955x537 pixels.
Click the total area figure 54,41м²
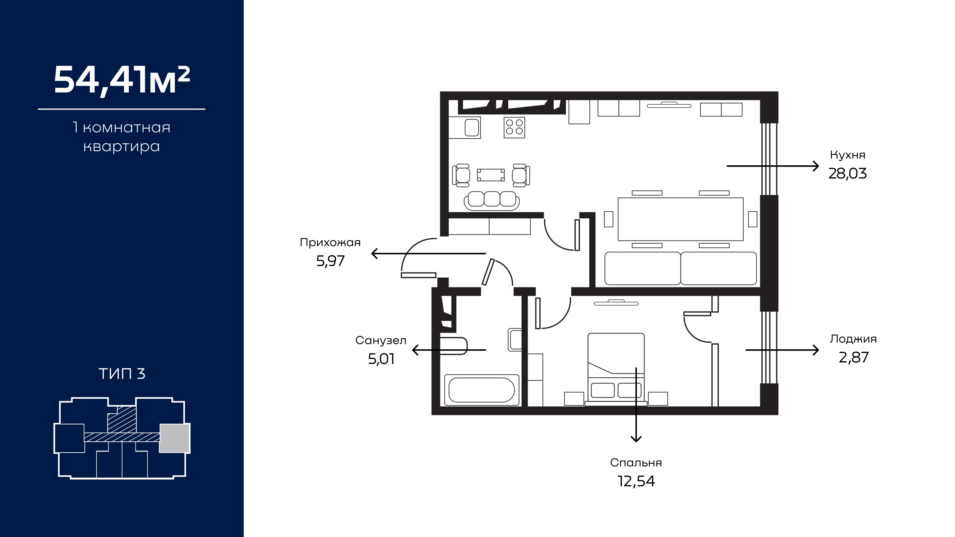click(x=122, y=80)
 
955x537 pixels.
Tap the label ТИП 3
click(x=122, y=374)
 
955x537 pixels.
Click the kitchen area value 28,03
click(x=847, y=173)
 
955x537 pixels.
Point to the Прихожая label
click(x=330, y=242)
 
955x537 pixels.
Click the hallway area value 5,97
click(x=330, y=261)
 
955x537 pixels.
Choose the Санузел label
click(x=381, y=340)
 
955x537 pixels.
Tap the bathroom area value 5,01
click(x=381, y=359)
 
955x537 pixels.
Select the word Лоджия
click(x=853, y=339)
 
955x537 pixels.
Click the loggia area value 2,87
click(x=853, y=357)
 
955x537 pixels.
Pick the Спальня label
click(x=636, y=462)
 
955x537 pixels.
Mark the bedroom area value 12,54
click(x=636, y=481)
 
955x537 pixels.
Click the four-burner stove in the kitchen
click(x=514, y=127)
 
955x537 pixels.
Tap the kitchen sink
click(x=472, y=127)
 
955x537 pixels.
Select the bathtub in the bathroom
click(x=482, y=390)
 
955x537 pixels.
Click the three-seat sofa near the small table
click(x=491, y=200)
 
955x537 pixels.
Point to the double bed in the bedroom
click(x=616, y=369)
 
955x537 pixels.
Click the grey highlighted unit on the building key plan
click(x=174, y=438)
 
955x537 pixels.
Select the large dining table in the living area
click(x=680, y=219)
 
